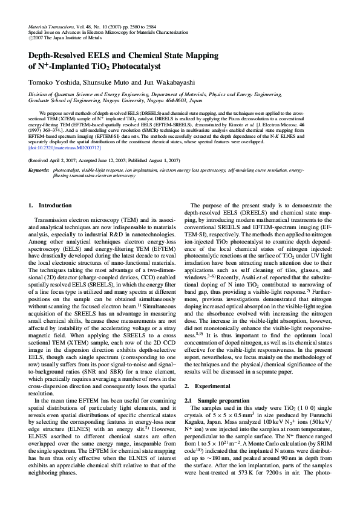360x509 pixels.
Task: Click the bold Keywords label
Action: coord(39,170)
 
